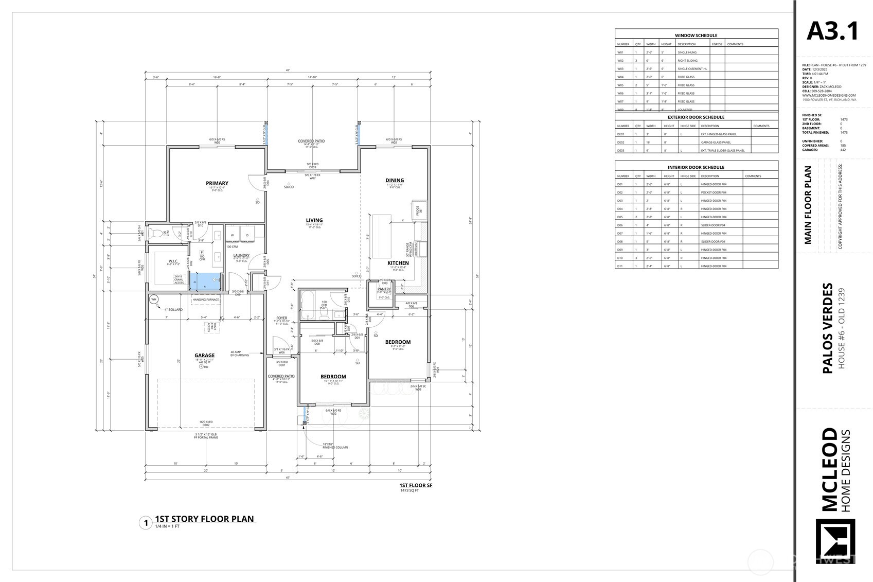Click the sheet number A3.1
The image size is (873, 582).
(x=832, y=31)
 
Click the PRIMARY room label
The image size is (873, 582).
(x=217, y=183)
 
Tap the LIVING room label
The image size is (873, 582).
(x=314, y=220)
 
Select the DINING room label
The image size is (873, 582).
(x=395, y=180)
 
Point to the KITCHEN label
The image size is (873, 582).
(x=398, y=263)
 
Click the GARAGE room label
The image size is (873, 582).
(x=204, y=356)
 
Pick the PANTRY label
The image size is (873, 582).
(x=384, y=289)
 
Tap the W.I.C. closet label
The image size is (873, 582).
(x=173, y=261)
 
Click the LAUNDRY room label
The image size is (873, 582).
(x=241, y=255)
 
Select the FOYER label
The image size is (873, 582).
(x=281, y=318)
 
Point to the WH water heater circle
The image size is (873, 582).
(x=153, y=299)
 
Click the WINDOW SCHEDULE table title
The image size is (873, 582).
(x=696, y=36)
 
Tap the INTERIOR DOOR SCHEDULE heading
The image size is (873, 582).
(x=696, y=167)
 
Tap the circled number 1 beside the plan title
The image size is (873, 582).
(x=146, y=523)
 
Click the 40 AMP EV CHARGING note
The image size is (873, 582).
(x=240, y=354)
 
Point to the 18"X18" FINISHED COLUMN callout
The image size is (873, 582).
(x=335, y=446)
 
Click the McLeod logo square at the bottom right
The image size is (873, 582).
(x=835, y=541)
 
